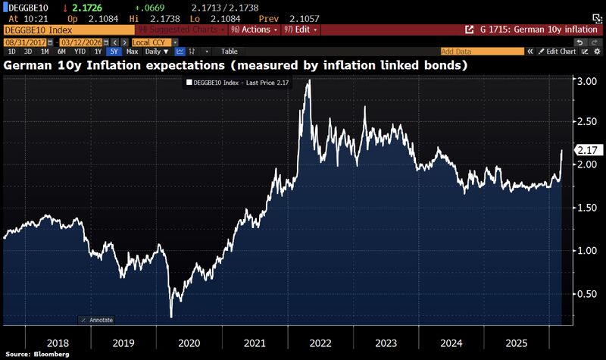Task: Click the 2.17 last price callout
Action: [586, 150]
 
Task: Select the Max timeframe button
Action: [133, 52]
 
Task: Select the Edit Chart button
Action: [561, 52]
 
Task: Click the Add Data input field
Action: [482, 52]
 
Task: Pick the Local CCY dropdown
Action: [151, 42]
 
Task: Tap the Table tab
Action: [229, 52]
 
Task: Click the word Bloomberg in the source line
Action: [54, 354]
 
